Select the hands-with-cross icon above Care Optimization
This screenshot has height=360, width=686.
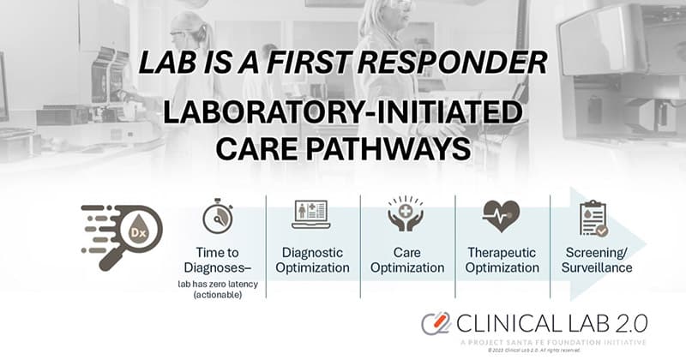(406, 215)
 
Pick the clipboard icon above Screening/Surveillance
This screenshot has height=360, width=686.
(593, 217)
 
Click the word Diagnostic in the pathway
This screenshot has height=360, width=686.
(313, 253)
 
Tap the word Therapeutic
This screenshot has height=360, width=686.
(502, 253)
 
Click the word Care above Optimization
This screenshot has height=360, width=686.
(406, 253)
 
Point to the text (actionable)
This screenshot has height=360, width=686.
(218, 296)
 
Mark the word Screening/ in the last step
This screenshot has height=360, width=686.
(598, 253)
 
